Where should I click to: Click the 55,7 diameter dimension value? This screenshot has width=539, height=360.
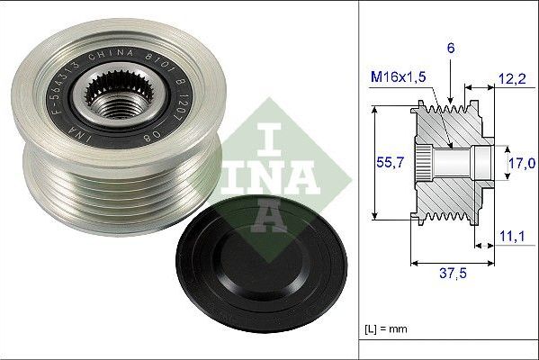[x=390, y=162]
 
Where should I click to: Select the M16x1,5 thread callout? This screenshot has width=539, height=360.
[x=398, y=76]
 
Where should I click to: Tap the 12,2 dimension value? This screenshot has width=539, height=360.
[x=512, y=79]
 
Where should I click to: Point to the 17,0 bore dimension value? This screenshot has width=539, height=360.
[x=522, y=163]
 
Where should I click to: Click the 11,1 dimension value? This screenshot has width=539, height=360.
[x=512, y=236]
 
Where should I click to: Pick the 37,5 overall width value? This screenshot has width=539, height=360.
[x=453, y=274]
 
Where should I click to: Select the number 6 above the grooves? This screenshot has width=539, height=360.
[x=451, y=48]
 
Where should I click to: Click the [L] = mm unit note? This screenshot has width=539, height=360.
[x=386, y=329]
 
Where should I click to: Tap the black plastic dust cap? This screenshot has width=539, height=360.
[x=261, y=264]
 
